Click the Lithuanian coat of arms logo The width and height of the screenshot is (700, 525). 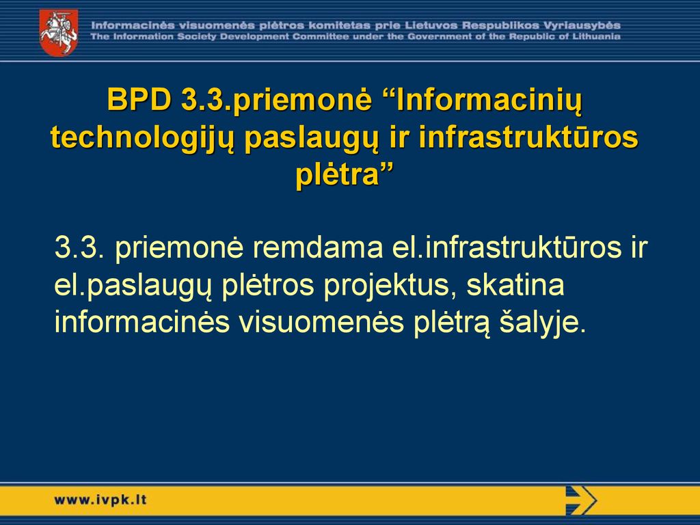(x=59, y=33)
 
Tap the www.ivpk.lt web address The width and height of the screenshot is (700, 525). (x=100, y=500)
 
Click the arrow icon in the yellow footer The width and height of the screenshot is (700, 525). (x=581, y=500)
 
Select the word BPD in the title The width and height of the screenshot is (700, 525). (x=139, y=99)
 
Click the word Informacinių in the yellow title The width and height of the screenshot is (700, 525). (x=489, y=100)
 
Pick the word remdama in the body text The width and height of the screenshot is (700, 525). (x=318, y=247)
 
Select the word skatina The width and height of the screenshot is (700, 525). (x=515, y=285)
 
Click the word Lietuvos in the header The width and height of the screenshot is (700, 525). (x=431, y=25)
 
